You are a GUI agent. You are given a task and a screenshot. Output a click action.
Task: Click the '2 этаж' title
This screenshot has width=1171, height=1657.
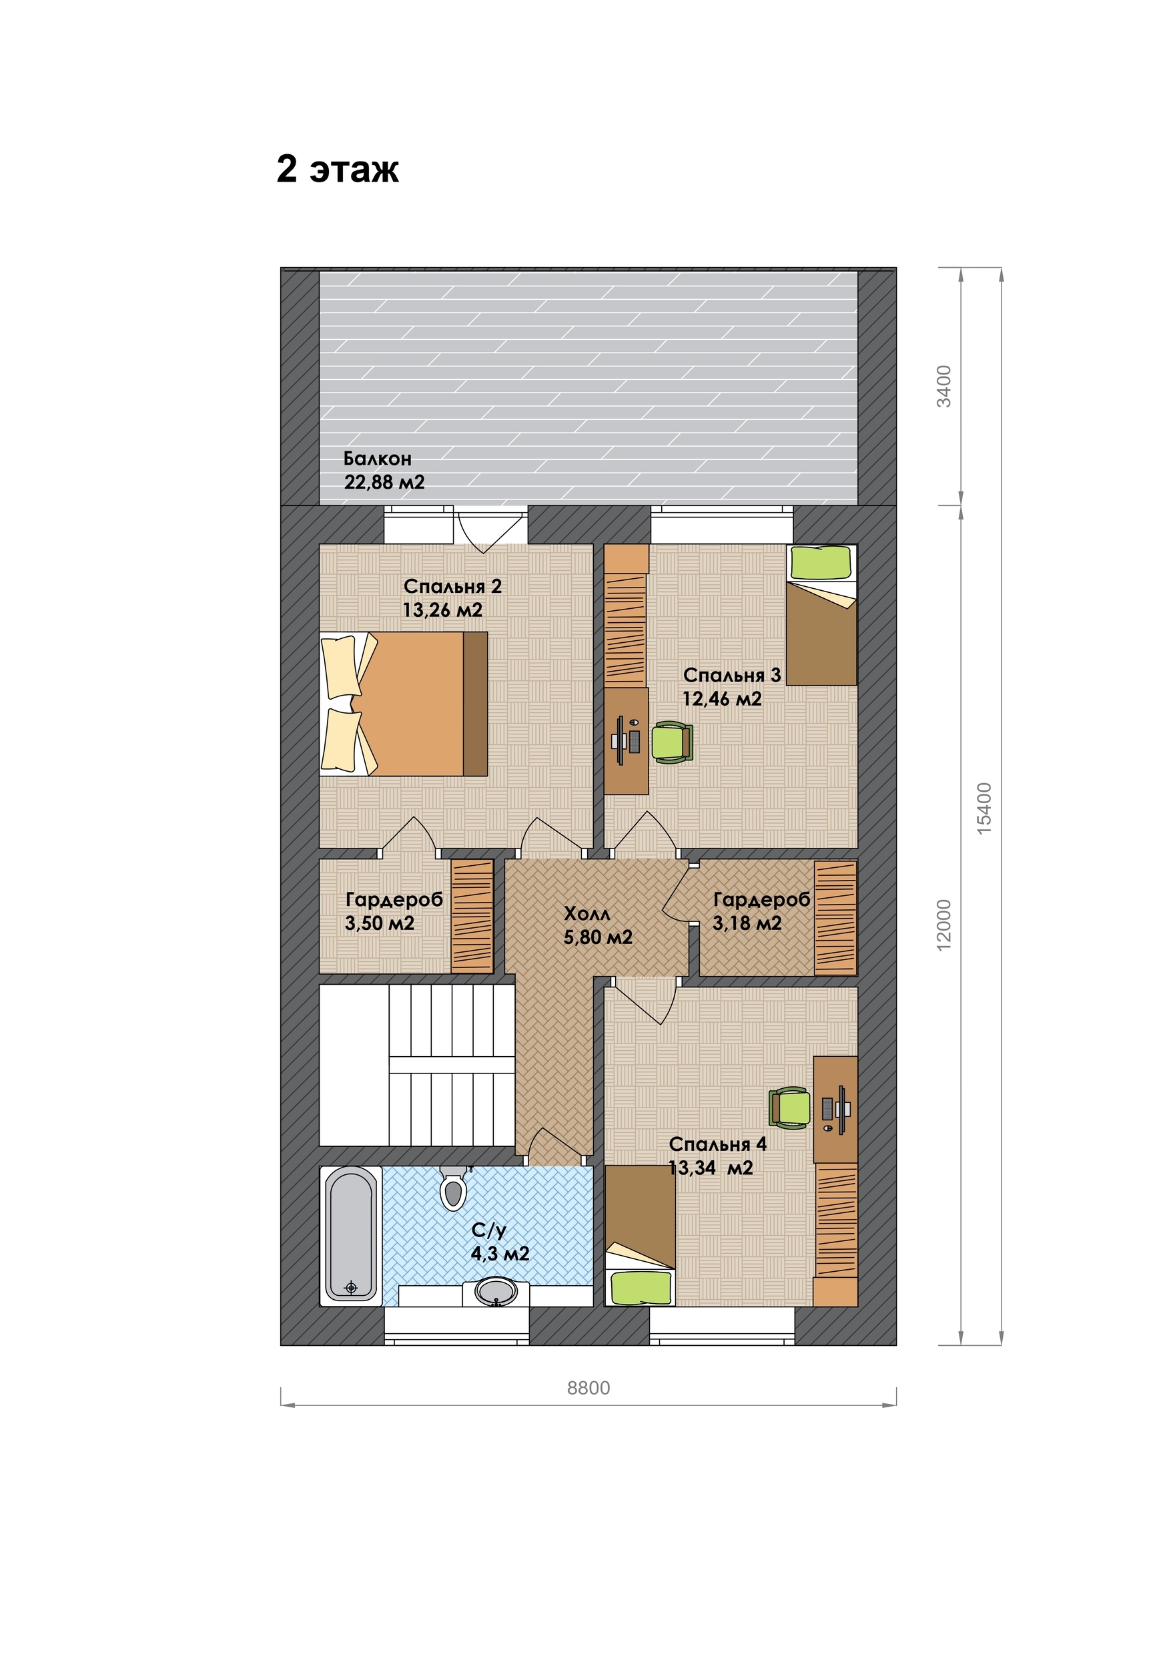(337, 170)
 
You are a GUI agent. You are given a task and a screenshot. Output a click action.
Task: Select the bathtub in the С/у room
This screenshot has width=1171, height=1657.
(351, 1235)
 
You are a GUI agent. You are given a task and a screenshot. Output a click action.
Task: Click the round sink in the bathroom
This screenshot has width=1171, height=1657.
(496, 1290)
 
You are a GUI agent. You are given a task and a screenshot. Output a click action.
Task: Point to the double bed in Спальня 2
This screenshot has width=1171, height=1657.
(404, 704)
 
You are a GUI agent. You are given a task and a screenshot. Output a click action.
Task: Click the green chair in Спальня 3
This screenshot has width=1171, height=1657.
(673, 742)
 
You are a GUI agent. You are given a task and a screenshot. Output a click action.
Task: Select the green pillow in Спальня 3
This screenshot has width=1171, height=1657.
(819, 562)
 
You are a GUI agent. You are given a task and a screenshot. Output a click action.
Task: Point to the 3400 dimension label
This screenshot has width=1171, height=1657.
(943, 386)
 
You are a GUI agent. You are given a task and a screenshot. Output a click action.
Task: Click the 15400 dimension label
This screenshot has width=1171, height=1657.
(984, 808)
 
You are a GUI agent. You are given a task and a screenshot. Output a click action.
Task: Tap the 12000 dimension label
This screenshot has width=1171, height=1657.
(943, 925)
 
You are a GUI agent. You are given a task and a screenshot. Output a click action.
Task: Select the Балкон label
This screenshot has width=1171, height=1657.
(378, 458)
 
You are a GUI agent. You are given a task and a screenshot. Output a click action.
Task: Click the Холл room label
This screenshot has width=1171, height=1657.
(587, 914)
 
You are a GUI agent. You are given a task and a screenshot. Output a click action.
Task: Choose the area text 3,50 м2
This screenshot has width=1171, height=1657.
(380, 923)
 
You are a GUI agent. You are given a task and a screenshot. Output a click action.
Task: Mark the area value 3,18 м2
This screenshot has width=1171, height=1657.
(747, 923)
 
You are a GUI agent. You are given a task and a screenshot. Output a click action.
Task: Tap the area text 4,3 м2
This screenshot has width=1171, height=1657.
(500, 1253)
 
